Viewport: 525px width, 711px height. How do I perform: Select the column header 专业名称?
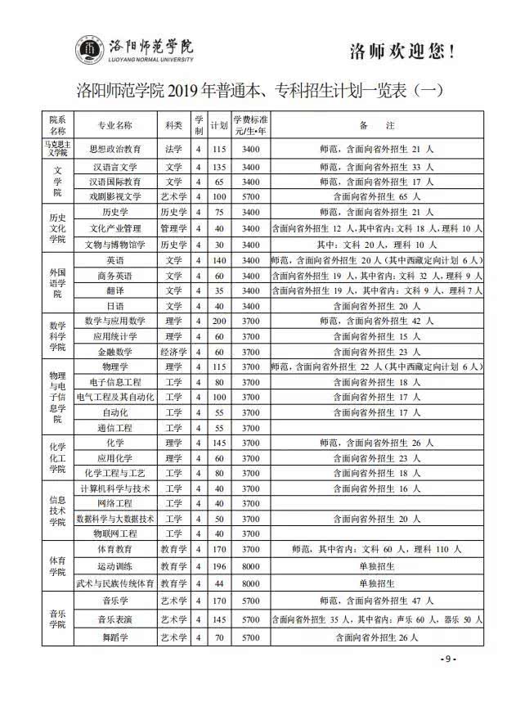pos(114,126)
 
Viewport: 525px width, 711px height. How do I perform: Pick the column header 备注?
pos(377,126)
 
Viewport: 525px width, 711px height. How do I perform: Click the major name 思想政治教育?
pos(114,149)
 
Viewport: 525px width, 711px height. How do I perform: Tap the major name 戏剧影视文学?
pos(114,196)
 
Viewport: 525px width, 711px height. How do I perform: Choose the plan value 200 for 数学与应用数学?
pos(218,320)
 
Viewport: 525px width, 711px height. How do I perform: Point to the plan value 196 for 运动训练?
pos(218,565)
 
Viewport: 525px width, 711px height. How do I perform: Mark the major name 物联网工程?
pos(114,533)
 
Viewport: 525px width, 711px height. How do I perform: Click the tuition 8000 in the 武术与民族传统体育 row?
pos(250,583)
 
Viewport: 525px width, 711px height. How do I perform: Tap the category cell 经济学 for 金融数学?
pos(173,351)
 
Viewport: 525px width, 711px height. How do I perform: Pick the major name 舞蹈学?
pos(114,637)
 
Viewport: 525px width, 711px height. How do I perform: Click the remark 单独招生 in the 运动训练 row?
pos(377,565)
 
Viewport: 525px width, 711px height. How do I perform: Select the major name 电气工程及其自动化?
pos(114,397)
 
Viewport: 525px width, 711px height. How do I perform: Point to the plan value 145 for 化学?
pos(218,443)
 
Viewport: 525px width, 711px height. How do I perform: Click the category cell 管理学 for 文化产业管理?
pos(173,228)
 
